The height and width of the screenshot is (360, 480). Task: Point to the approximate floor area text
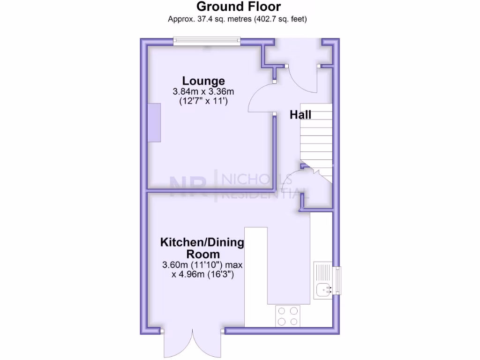238,19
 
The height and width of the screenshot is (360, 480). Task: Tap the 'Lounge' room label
203,81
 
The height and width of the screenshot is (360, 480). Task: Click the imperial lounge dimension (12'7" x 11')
203,100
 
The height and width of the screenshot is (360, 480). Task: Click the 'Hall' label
300,115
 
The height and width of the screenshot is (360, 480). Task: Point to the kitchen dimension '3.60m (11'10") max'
202,265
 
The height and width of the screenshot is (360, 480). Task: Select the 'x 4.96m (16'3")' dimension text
202,274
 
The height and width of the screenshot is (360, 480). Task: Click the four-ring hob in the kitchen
288,315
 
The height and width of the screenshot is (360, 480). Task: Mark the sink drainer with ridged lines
323,272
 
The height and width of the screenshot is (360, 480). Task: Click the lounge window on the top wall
207,42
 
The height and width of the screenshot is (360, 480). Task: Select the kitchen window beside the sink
337,280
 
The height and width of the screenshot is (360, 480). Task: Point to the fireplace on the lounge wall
154,122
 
